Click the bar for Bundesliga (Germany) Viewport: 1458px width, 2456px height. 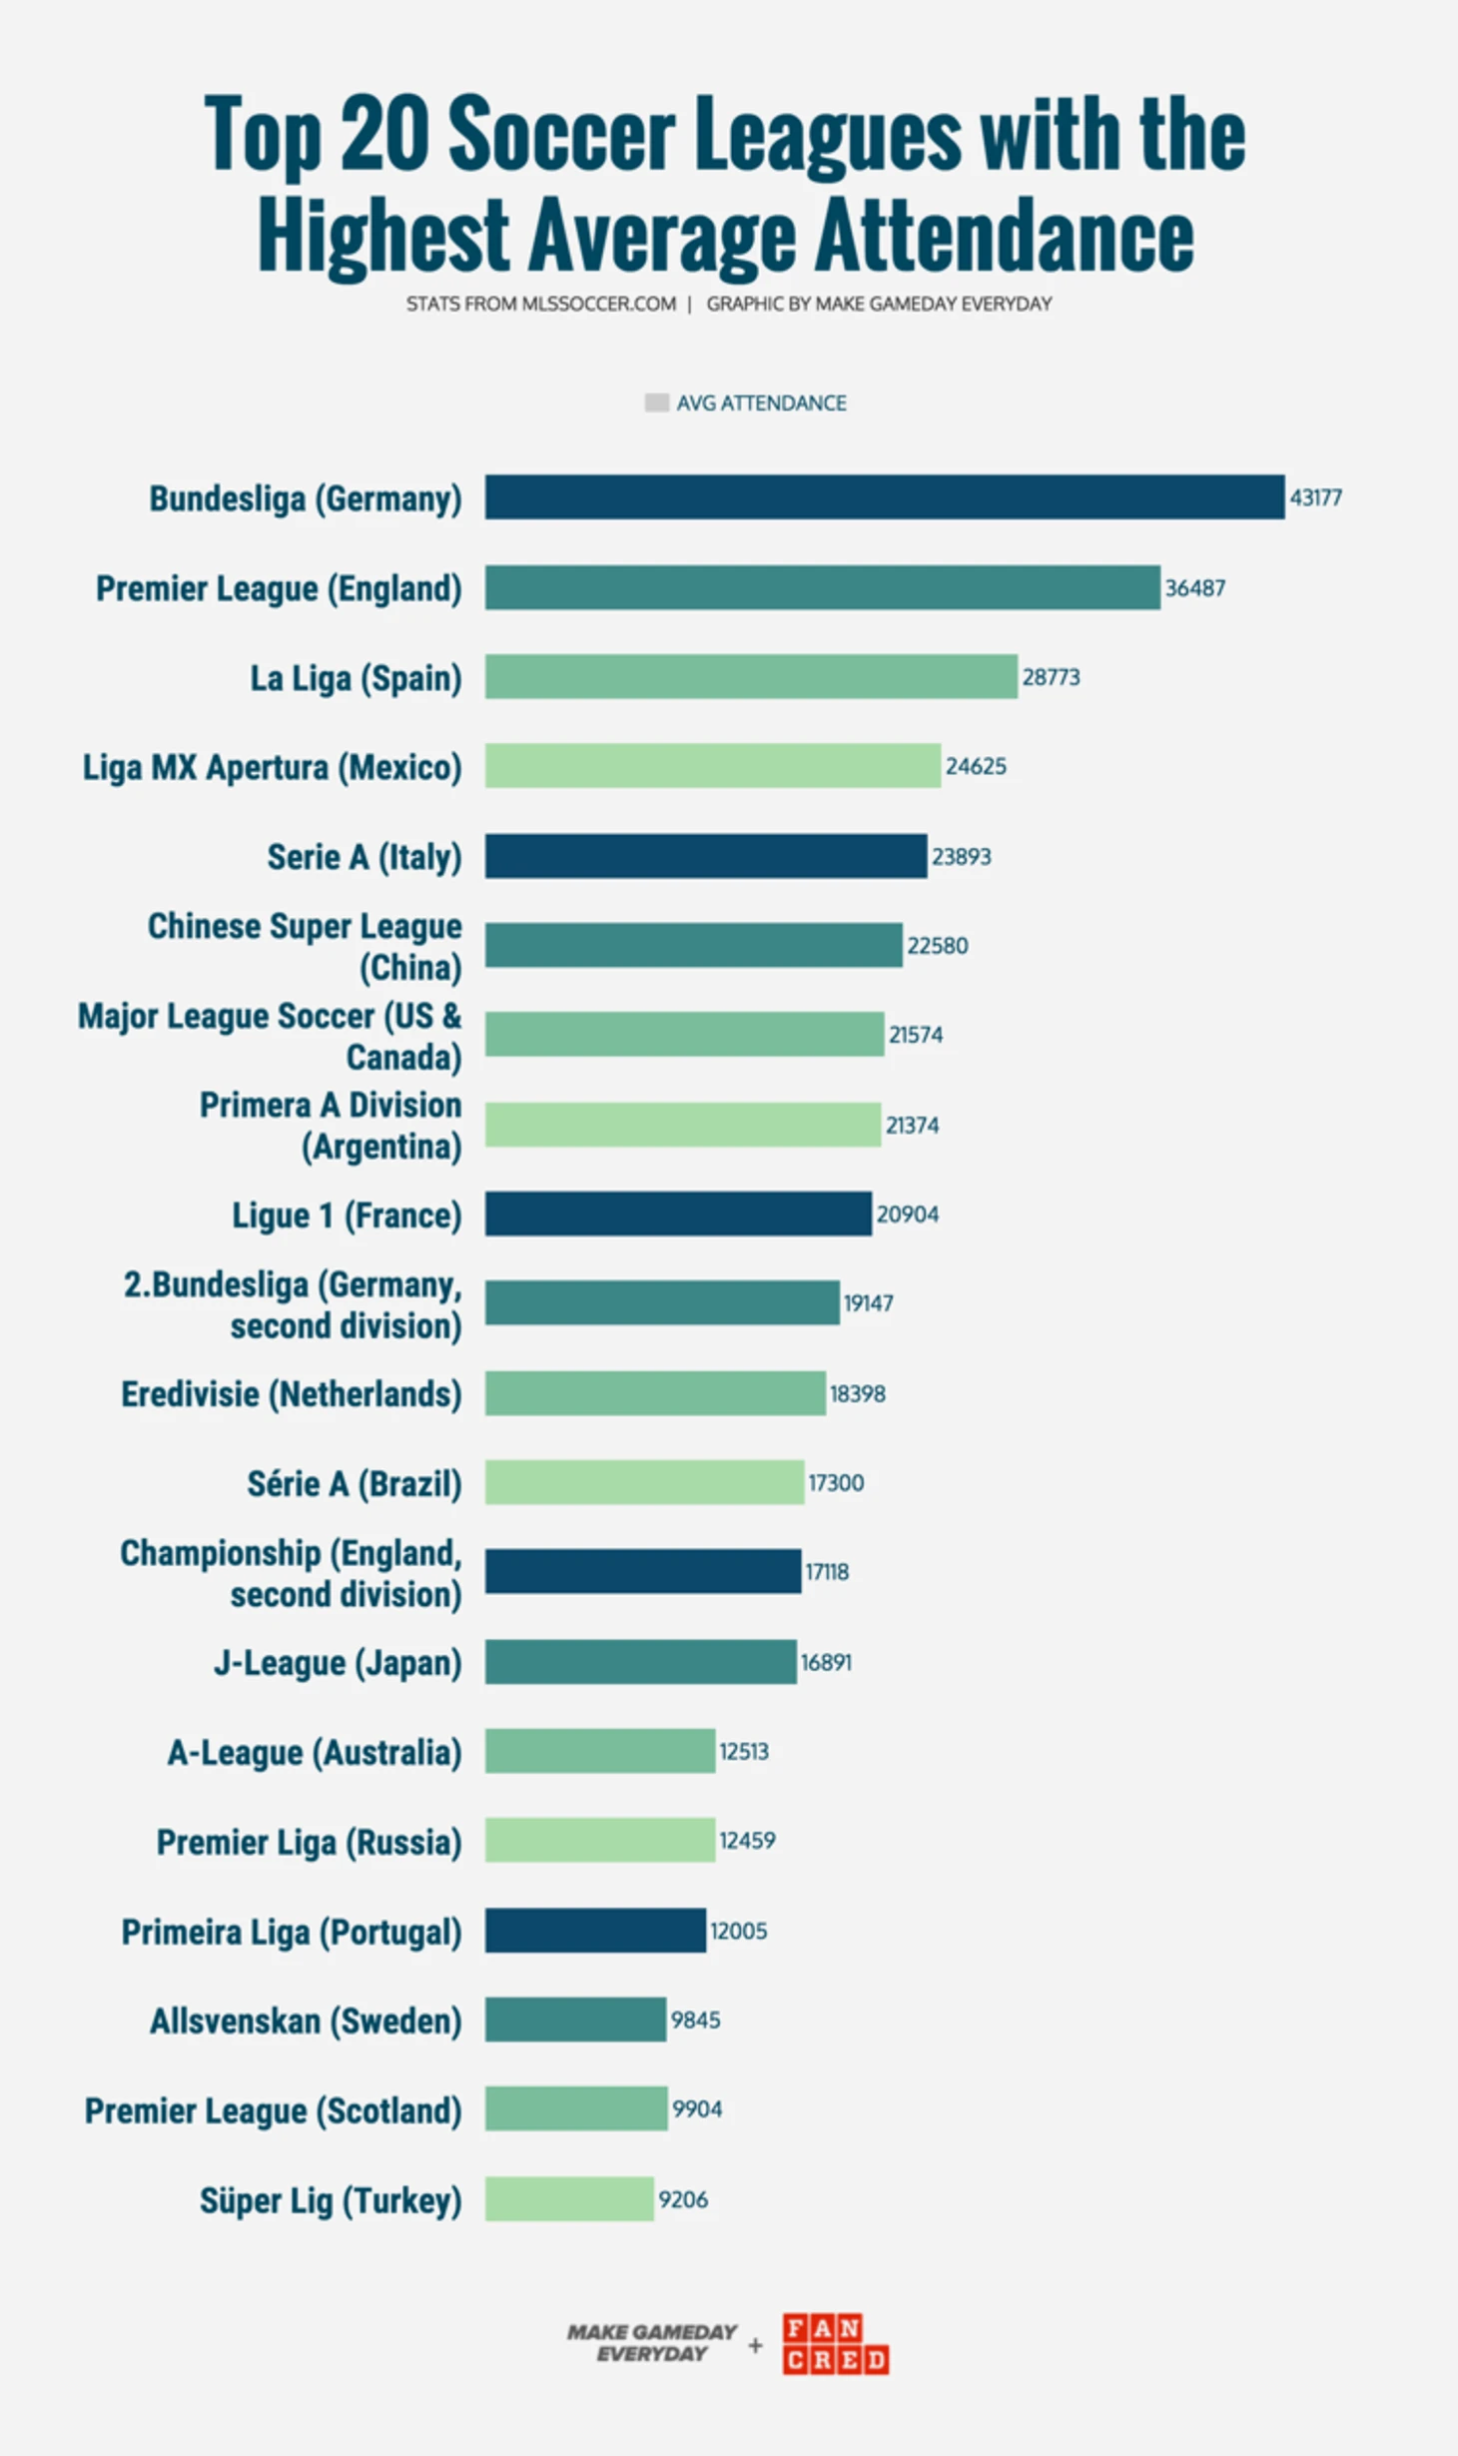[884, 496]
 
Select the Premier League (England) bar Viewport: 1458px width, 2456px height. [822, 587]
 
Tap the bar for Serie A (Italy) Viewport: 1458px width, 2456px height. [705, 856]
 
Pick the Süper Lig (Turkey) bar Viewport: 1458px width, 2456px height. [569, 2198]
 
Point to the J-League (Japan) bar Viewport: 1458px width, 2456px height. [640, 1661]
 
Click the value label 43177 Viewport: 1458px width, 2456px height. [1315, 497]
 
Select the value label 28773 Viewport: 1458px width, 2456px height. [1051, 677]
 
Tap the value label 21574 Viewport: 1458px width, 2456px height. [915, 1035]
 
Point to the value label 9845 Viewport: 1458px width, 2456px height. [695, 2020]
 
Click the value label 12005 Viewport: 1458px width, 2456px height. [738, 1931]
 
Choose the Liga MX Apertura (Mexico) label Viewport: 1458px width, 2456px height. [272, 767]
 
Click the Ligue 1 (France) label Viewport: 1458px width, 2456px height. [347, 1215]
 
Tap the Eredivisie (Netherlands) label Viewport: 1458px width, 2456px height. [291, 1393]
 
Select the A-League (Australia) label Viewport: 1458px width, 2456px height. [314, 1752]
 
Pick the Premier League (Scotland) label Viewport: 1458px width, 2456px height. [273, 2109]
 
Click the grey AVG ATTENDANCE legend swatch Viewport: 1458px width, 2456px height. [656, 403]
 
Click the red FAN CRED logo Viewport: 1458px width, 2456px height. [835, 2343]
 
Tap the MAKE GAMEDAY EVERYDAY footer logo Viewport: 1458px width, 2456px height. [651, 2342]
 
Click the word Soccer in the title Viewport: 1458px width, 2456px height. [561, 135]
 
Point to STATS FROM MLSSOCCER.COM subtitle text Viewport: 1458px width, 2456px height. [540, 304]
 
